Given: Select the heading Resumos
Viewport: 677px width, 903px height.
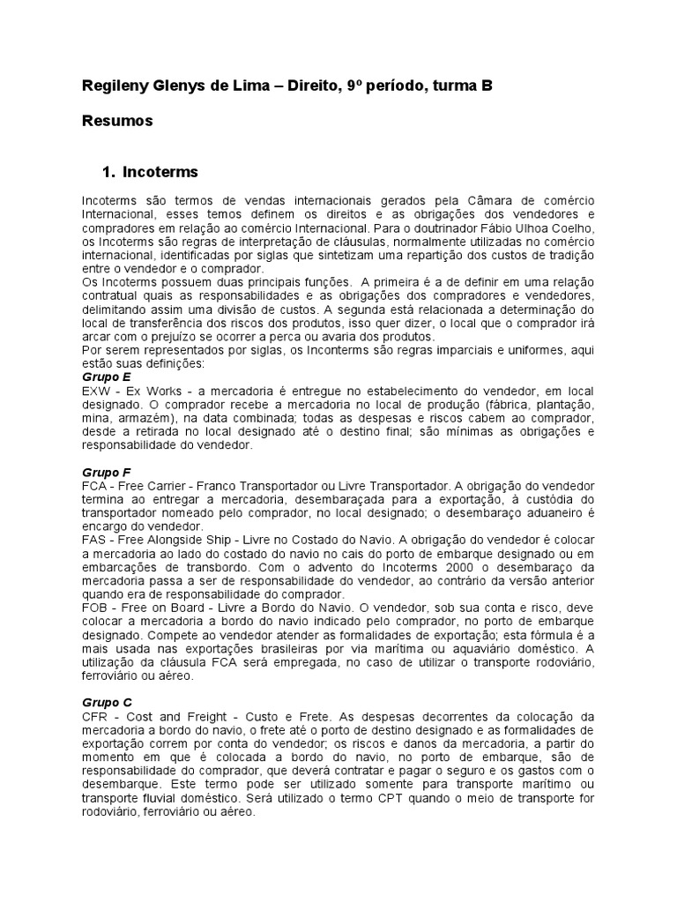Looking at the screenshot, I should coord(117,121).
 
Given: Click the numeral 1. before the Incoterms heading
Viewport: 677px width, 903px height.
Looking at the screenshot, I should coord(109,172).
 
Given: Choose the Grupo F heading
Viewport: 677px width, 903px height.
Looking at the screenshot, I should coord(106,473).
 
